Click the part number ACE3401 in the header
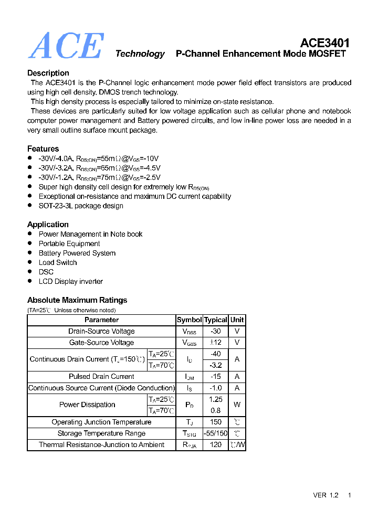324,43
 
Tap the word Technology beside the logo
140,54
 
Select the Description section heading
48,73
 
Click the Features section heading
43,148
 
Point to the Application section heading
48,225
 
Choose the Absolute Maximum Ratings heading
77,300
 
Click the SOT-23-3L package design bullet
81,206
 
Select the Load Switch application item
58,262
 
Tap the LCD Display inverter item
71,281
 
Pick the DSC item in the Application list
46,272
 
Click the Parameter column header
101,320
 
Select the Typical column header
215,320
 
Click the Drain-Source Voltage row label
101,332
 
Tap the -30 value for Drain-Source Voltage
215,332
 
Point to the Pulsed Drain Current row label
101,377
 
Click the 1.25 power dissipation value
215,399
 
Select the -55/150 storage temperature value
215,433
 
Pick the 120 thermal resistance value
215,445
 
